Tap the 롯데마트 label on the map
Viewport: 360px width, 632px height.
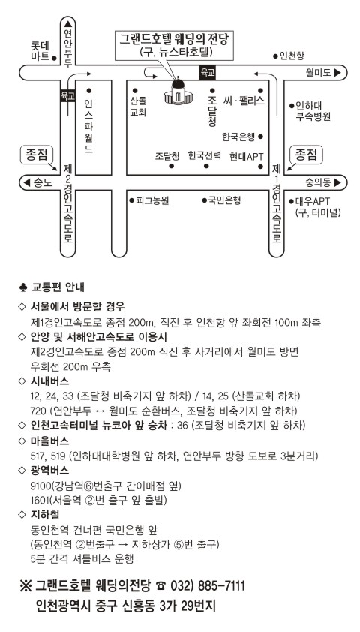coord(40,50)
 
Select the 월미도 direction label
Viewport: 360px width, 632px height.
coord(319,73)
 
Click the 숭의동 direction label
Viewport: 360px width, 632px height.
coord(318,182)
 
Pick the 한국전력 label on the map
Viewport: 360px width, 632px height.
coord(205,155)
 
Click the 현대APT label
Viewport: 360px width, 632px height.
coord(247,156)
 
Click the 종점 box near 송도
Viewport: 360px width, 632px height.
coord(37,155)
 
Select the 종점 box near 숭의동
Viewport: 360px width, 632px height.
coord(307,155)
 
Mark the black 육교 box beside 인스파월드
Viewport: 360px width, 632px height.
coord(67,95)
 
